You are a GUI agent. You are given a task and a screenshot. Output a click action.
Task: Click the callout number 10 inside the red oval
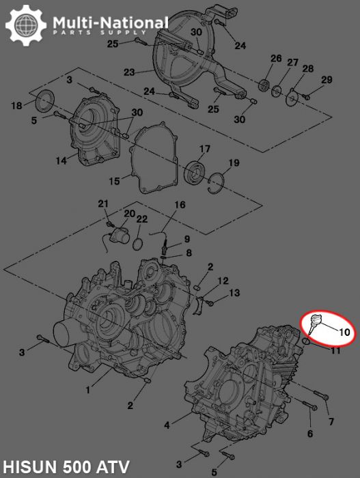coord(344,333)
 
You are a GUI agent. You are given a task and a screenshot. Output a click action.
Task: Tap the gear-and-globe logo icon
coord(26,26)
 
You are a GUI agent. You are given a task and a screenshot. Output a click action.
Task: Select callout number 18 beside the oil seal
coord(17,106)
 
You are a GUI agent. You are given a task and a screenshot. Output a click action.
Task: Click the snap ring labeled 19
coord(218,180)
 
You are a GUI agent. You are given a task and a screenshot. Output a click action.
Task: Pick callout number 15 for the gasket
coord(115,181)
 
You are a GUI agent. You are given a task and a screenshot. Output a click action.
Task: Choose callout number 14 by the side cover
coord(61,160)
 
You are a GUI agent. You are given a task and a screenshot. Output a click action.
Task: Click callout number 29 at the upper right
coord(327,81)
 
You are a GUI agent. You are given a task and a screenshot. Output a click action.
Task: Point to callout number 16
coord(180,205)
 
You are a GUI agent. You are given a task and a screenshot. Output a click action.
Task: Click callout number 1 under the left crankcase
coord(87,390)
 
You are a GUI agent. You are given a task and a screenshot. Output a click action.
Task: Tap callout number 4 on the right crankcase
coord(167,425)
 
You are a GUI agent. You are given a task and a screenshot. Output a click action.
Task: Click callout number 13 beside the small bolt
coord(234,293)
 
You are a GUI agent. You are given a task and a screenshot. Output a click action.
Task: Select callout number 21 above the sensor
coord(103,203)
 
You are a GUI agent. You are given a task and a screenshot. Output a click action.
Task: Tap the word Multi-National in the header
coord(110,23)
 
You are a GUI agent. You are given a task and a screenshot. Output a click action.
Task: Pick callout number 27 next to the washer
coord(292,63)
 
